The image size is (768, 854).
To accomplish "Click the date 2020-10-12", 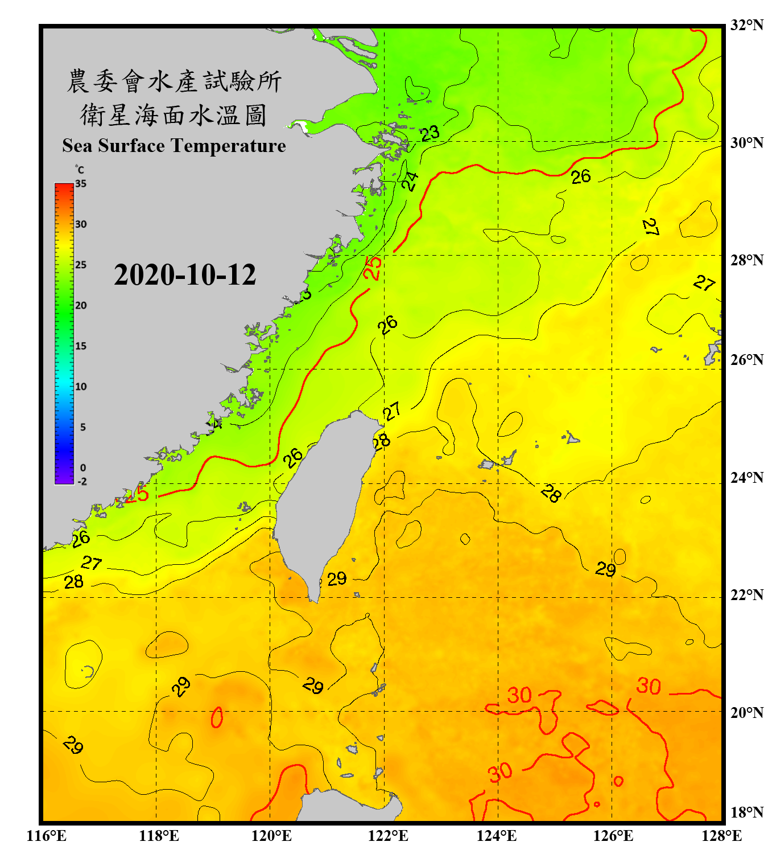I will coord(185,275).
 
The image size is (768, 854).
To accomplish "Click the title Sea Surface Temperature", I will coord(174,146).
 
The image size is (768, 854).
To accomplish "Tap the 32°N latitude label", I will coord(746,25).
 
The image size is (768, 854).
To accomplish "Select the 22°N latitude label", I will coord(746,595).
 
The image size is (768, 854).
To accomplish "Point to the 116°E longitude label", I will coord(47,836).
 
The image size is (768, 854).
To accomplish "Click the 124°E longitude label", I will coord(497,836).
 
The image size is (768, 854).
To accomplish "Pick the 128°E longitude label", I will coord(721,836).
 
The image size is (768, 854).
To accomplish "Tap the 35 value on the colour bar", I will coord(81,183).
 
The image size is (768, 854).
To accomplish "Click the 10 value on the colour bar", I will coord(81,387).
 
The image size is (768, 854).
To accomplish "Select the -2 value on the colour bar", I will coord(82,482).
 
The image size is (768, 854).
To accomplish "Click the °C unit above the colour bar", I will coord(80,170).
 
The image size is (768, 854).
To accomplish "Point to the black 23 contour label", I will coord(430,133).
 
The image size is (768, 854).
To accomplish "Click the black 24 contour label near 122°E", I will coord(410,180).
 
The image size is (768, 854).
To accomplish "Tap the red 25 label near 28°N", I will coord(373,268).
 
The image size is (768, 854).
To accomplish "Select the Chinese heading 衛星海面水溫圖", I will coord(174,115).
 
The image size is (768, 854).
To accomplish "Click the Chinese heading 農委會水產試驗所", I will coord(174,81).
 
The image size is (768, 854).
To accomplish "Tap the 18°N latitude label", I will coord(746,812).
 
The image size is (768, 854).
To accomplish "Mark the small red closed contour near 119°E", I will coord(217,717).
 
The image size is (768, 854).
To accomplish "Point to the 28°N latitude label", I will coord(746,260).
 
